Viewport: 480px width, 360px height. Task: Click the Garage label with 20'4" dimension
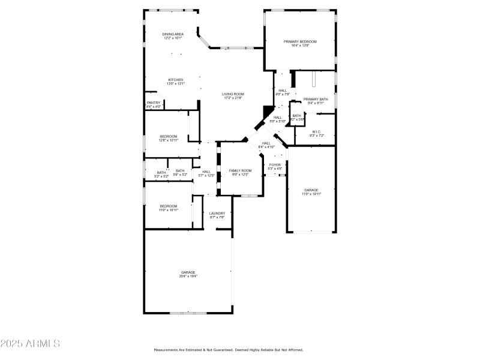(x=188, y=274)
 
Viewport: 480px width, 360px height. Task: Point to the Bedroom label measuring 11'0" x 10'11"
(x=168, y=208)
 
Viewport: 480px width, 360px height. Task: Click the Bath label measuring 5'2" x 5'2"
(x=162, y=174)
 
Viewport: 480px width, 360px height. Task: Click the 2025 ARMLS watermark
(x=30, y=344)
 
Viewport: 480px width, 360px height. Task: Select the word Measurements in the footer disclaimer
(x=166, y=350)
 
